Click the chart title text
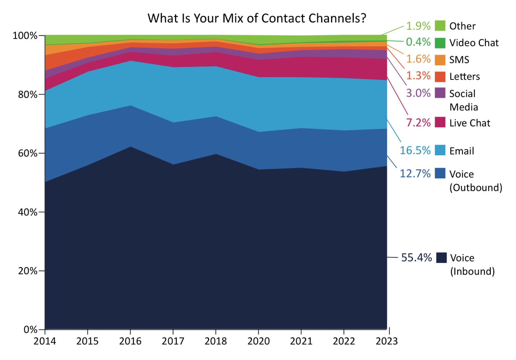[257, 18]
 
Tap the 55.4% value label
[416, 258]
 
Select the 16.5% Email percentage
[415, 151]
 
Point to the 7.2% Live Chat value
[418, 123]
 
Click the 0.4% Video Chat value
[418, 42]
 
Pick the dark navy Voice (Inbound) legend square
[441, 258]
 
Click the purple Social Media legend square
[440, 93]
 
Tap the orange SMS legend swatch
[440, 60]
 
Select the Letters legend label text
[464, 77]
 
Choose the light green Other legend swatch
[440, 25]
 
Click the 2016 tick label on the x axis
[130, 341]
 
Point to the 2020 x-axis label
[258, 341]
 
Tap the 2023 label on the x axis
[387, 341]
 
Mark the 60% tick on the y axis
[27, 153]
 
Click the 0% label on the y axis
[31, 330]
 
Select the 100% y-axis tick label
[25, 36]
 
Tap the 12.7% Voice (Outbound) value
[415, 174]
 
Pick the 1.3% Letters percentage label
[418, 76]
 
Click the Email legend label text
[461, 151]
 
